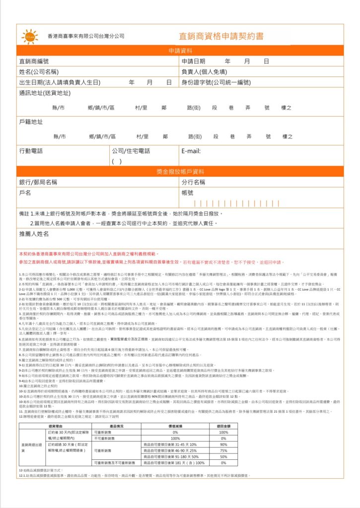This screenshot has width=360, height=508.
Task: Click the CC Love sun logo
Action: tap(29, 36)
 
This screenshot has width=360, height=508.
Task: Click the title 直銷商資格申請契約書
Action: tap(221, 36)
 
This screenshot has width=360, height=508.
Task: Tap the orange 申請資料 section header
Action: tap(180, 51)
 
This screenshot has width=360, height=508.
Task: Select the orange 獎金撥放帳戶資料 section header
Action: tap(180, 172)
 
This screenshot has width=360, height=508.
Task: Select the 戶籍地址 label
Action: tap(30, 122)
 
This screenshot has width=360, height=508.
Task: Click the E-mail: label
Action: tap(191, 151)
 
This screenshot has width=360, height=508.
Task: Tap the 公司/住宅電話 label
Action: tap(131, 151)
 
